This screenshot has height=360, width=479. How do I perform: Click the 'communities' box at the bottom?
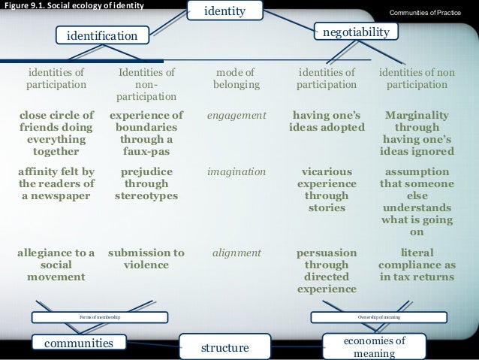[74, 343]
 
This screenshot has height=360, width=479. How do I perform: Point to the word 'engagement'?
[236, 116]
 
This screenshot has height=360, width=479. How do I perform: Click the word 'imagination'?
[236, 171]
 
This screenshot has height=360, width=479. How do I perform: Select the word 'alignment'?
[236, 253]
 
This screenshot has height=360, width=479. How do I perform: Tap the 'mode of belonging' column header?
[236, 79]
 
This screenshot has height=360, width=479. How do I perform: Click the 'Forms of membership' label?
[100, 319]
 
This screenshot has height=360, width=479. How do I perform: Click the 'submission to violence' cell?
[147, 259]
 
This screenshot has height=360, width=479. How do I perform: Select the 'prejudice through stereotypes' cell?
[147, 184]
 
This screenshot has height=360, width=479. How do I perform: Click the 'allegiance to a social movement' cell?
[56, 265]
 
